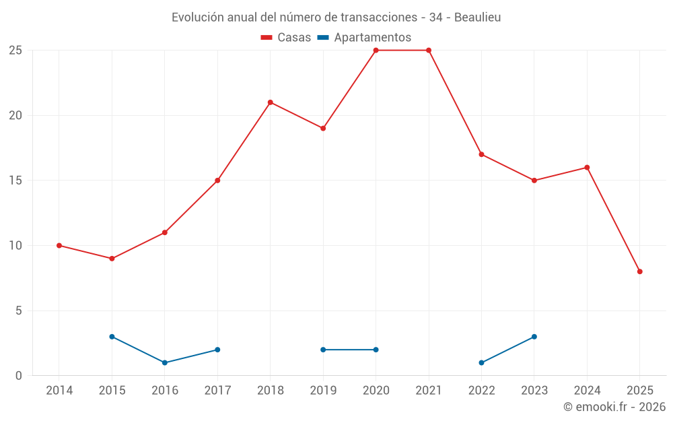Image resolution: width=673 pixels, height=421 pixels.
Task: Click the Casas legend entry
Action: pyautogui.click(x=286, y=38)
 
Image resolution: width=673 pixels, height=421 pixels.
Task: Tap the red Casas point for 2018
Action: pyautogui.click(x=270, y=102)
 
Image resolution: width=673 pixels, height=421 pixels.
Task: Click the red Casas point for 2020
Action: pyautogui.click(x=376, y=51)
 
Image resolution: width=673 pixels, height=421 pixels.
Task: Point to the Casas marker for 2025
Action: pyautogui.click(x=640, y=271)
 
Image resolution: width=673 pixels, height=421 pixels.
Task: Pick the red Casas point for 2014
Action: pyautogui.click(x=59, y=246)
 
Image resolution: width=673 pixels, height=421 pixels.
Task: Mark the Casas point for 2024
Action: pyautogui.click(x=587, y=168)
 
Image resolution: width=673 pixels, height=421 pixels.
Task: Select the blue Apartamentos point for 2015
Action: pyautogui.click(x=112, y=337)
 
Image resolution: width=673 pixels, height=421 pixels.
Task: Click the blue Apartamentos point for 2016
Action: pyautogui.click(x=165, y=363)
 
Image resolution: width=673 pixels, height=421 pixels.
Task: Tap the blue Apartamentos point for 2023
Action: pyautogui.click(x=534, y=337)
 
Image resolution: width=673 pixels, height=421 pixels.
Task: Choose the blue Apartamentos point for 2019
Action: pyautogui.click(x=323, y=350)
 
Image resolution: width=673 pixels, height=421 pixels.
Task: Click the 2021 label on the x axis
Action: pyautogui.click(x=429, y=391)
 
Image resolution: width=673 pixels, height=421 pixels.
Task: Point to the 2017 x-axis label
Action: pyautogui.click(x=217, y=391)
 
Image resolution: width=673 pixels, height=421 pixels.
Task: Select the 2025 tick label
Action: pyautogui.click(x=640, y=391)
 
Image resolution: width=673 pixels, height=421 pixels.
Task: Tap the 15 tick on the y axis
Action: pyautogui.click(x=15, y=181)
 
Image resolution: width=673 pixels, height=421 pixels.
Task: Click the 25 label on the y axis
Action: pyautogui.click(x=15, y=51)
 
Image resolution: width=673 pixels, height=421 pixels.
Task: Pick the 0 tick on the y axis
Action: pyautogui.click(x=18, y=376)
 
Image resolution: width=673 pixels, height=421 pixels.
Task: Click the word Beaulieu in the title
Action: pyautogui.click(x=477, y=18)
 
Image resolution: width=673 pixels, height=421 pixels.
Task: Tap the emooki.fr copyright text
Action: pyautogui.click(x=614, y=407)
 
